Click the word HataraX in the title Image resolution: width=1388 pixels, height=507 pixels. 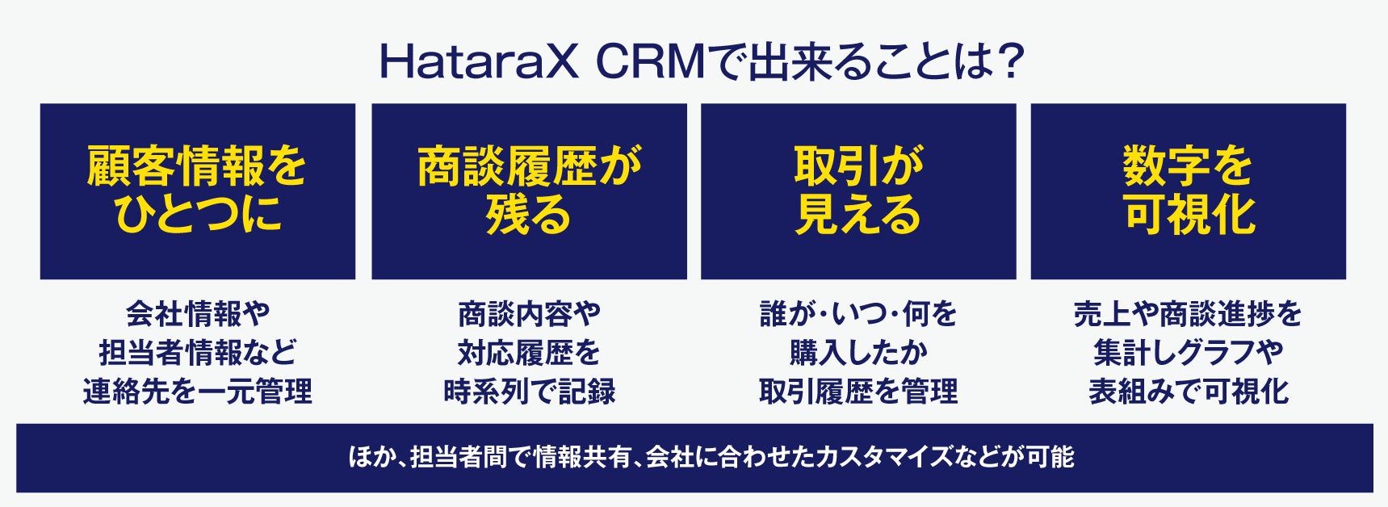pyautogui.click(x=479, y=62)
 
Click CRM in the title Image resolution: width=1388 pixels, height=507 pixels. pyautogui.click(x=652, y=62)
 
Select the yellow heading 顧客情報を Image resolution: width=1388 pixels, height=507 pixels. pyautogui.click(x=197, y=166)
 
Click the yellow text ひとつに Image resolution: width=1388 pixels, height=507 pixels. pyautogui.click(x=197, y=213)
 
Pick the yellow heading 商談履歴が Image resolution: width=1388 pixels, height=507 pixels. pyautogui.click(x=529, y=166)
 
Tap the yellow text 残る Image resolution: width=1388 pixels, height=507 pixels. pyautogui.click(x=529, y=213)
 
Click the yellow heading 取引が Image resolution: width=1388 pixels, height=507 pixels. pyautogui.click(x=858, y=166)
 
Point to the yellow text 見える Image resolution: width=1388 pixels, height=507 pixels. pyautogui.click(x=858, y=213)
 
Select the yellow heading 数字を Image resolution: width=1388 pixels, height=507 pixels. pyautogui.click(x=1188, y=166)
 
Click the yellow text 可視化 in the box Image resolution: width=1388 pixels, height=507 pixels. pyautogui.click(x=1189, y=213)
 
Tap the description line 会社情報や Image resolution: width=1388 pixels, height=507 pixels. pyautogui.click(x=198, y=313)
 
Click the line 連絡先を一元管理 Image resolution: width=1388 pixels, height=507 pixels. pyautogui.click(x=198, y=392)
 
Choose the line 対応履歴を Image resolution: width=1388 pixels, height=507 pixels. pyautogui.click(x=529, y=352)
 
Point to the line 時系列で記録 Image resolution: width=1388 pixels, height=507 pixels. pyautogui.click(x=529, y=392)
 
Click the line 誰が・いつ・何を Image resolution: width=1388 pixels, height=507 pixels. pyautogui.click(x=858, y=313)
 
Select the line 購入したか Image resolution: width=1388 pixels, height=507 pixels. pyautogui.click(x=858, y=352)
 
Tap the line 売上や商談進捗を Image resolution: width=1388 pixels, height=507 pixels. pyautogui.click(x=1188, y=313)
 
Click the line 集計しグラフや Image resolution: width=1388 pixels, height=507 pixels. pyautogui.click(x=1188, y=352)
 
